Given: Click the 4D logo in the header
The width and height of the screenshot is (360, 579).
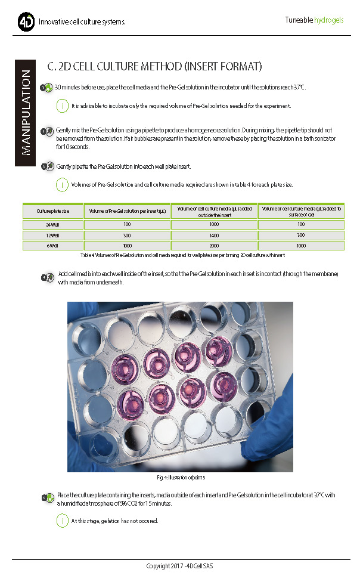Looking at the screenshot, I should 26,23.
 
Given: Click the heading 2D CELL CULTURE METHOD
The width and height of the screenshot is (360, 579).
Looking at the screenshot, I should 154,66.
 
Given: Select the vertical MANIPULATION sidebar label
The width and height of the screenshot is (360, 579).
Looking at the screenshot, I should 26,112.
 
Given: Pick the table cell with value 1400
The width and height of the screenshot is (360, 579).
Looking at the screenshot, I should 214,236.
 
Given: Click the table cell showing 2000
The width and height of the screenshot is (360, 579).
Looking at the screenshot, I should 214,245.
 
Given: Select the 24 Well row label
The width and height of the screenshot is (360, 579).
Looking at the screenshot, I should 53,225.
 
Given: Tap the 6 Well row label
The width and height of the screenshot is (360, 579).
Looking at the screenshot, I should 53,245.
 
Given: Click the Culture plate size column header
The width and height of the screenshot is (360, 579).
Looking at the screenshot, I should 53,211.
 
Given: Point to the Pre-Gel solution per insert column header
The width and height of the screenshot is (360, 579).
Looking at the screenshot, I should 127,211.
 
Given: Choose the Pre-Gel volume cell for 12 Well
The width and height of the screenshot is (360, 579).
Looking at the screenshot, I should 127,236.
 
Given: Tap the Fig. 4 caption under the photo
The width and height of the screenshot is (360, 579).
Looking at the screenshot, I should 181,478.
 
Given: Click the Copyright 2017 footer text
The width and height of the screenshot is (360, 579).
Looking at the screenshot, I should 180,565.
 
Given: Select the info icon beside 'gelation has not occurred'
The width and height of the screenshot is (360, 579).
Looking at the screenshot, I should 62,521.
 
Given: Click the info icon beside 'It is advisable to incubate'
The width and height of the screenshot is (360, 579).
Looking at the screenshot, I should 62,106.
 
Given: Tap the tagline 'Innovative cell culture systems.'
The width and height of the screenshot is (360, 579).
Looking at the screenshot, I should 82,23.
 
